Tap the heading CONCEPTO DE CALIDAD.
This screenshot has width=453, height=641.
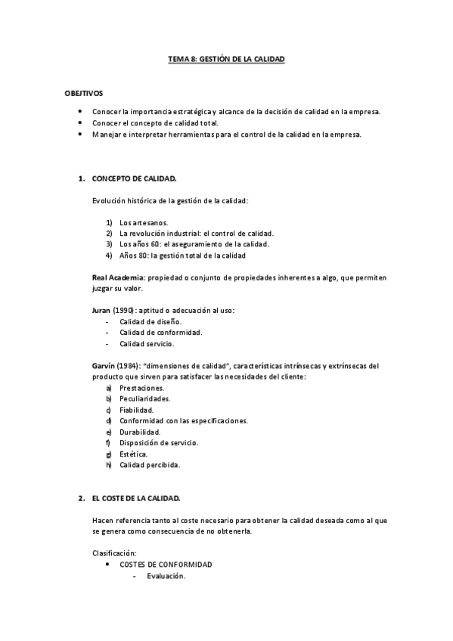coord(134,179)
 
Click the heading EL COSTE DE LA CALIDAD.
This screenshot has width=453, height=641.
coord(136,499)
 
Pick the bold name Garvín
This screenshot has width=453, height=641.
coord(104,366)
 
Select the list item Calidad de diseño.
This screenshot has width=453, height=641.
coord(150,321)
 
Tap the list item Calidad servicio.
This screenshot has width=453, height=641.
coord(147,344)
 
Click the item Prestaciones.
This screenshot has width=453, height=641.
coord(141,387)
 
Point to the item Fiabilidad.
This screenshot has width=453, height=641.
coord(136,409)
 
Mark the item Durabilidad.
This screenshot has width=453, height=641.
coord(141,432)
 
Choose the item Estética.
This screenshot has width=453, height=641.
coord(133,454)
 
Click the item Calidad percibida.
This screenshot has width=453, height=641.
coord(150,465)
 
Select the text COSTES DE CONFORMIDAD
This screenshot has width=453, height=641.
coord(166,565)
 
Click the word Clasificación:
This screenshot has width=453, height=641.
coord(114,554)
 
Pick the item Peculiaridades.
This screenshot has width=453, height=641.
coord(144,398)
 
